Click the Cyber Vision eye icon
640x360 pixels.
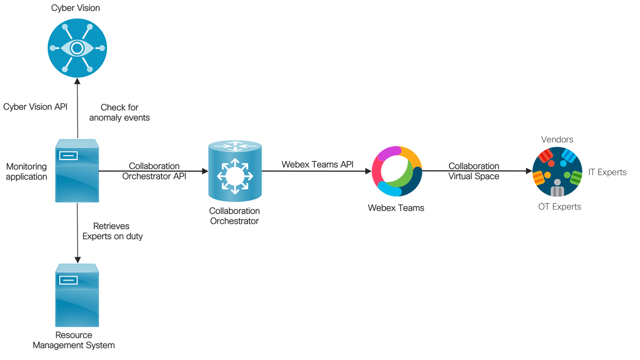point(76,48)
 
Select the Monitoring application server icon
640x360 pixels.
point(77,170)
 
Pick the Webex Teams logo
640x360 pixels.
point(396,171)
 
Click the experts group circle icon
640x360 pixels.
point(557,172)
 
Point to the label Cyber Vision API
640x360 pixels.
point(35,107)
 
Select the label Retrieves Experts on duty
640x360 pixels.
point(112,231)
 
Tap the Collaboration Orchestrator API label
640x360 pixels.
point(154,171)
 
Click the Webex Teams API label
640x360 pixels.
point(317,164)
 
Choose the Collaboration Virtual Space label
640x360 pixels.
point(473,171)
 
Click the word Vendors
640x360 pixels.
point(557,139)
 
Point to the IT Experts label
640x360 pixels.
point(607,172)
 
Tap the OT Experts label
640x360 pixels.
point(559,206)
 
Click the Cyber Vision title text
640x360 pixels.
point(75,8)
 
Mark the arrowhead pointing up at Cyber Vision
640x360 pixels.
point(77,80)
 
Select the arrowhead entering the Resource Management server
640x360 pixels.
point(77,260)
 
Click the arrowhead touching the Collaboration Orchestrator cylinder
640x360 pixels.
point(205,171)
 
